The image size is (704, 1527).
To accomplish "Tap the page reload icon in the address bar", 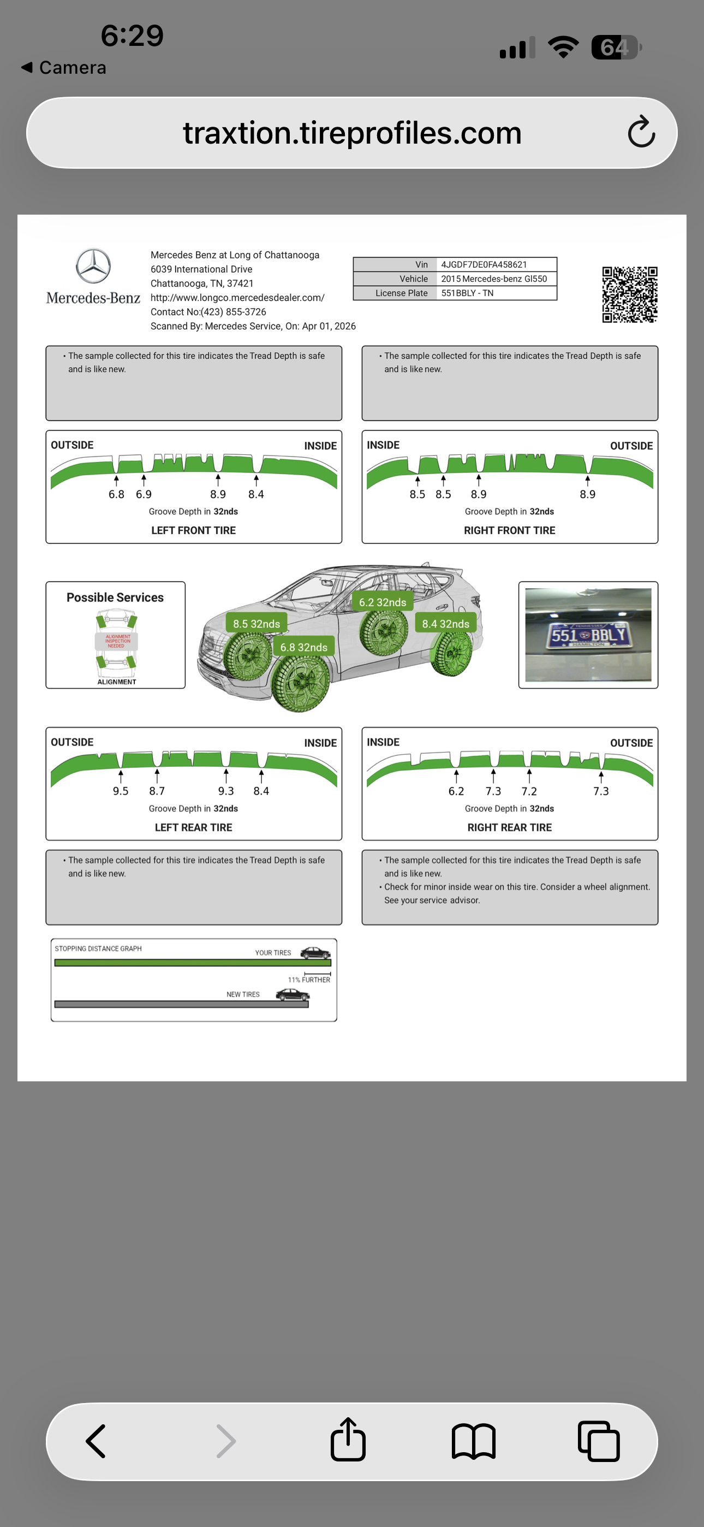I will (641, 132).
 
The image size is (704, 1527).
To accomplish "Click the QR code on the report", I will (629, 294).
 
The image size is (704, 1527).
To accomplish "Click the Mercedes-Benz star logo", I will (93, 265).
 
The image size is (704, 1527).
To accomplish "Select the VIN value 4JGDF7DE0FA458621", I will (484, 264).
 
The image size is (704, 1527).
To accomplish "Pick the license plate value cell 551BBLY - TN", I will (467, 293).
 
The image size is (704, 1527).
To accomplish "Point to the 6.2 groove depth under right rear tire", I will (456, 791).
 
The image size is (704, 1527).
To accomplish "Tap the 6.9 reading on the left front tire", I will (144, 494).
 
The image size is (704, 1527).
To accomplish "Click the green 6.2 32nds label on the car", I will (382, 602).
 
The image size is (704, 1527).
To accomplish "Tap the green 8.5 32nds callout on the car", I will (256, 624).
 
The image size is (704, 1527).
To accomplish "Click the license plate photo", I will (588, 634).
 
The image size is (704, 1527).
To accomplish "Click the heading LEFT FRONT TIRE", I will (193, 530).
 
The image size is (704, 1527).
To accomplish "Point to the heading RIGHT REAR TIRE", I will (509, 827).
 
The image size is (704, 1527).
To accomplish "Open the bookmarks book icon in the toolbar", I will (473, 1441).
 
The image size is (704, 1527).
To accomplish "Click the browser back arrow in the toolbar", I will (96, 1441).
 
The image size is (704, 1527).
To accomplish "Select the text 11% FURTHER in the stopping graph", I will (309, 979).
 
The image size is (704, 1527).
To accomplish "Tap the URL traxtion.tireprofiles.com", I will (352, 132).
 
